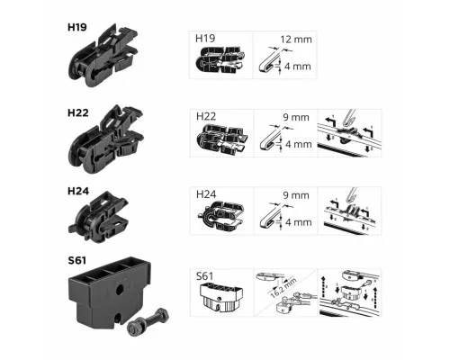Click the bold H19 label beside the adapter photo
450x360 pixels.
77,27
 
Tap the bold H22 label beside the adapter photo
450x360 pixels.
78,113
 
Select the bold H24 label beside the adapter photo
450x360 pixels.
78,191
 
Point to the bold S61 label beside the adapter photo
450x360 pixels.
77,260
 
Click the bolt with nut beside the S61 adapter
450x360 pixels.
148,321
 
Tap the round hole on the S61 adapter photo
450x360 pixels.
120,289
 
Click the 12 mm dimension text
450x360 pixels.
296,40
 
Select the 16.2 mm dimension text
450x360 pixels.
283,288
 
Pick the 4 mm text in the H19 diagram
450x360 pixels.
298,67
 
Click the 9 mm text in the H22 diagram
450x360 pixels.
296,117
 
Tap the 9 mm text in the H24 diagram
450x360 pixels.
296,195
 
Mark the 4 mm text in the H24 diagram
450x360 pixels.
299,222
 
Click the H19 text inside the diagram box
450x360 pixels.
205,39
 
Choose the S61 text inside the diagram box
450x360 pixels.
204,276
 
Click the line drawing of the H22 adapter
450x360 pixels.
222,140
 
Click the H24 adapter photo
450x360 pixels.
99,217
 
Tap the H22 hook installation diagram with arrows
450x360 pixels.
349,133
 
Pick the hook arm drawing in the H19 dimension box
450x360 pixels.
270,60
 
